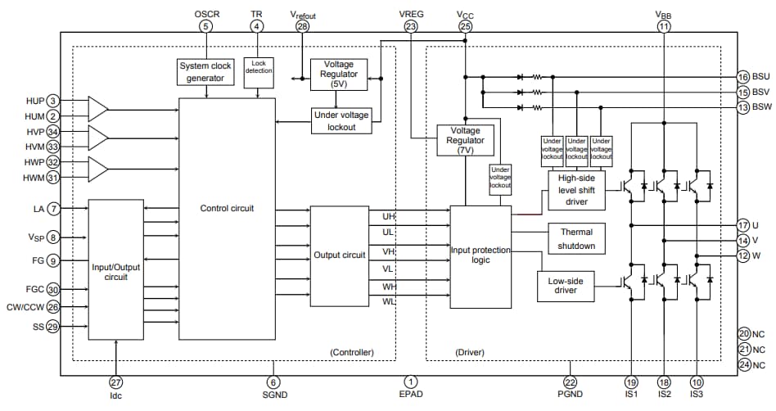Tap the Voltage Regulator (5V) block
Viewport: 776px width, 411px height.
click(x=339, y=74)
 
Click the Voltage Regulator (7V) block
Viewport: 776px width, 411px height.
click(x=465, y=140)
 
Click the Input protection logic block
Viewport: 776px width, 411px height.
click(x=480, y=255)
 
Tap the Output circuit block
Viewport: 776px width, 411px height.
click(x=339, y=255)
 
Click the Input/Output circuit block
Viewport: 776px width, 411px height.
click(x=115, y=269)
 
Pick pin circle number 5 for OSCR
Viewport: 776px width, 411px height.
click(x=205, y=26)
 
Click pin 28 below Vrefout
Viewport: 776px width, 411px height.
click(x=303, y=26)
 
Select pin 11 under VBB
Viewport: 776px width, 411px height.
click(x=663, y=26)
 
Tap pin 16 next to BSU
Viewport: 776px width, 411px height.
click(x=742, y=76)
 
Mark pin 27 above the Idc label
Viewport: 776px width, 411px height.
click(x=115, y=382)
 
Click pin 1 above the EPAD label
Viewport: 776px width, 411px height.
click(x=411, y=382)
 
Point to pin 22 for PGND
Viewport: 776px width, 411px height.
click(x=570, y=382)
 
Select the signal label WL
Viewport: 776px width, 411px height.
click(x=388, y=302)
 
